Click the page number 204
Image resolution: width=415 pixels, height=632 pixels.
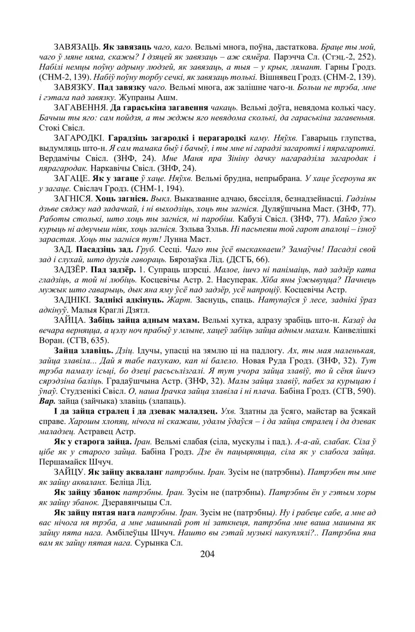coord(207,554)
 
